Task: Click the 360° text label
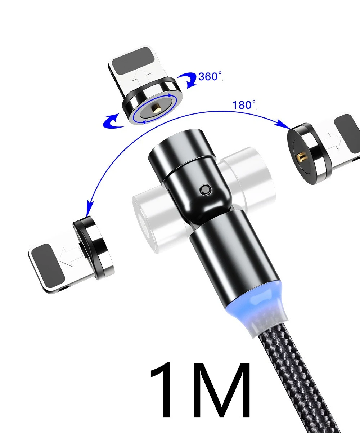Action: (x=210, y=76)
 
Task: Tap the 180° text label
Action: (x=244, y=105)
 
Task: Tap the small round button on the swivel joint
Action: (x=206, y=189)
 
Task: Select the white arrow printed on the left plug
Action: (x=71, y=257)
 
